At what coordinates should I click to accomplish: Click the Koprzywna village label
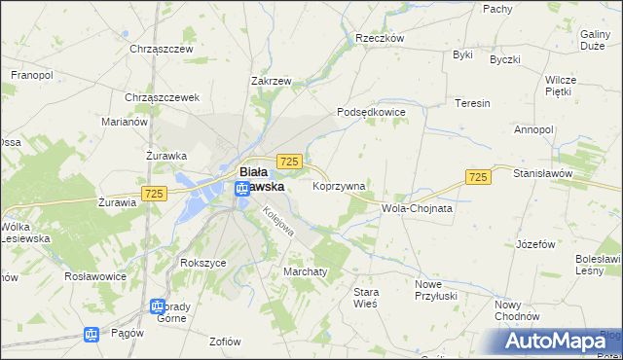(x=339, y=186)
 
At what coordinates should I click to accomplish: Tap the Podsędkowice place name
(x=371, y=112)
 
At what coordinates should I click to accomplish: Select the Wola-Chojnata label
(x=418, y=208)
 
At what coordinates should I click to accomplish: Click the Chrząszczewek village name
(x=162, y=97)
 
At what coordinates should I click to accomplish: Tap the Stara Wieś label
(x=366, y=297)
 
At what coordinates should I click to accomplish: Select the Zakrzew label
(x=272, y=82)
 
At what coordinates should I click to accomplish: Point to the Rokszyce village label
(x=203, y=263)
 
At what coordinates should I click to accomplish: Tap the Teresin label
(x=472, y=102)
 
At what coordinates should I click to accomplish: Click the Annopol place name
(x=533, y=129)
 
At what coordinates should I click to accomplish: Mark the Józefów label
(x=541, y=242)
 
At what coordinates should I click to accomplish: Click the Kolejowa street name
(x=277, y=224)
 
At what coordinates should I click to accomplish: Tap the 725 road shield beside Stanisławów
(x=477, y=177)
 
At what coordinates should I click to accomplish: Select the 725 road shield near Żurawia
(x=153, y=195)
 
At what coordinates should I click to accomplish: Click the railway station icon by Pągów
(x=92, y=335)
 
